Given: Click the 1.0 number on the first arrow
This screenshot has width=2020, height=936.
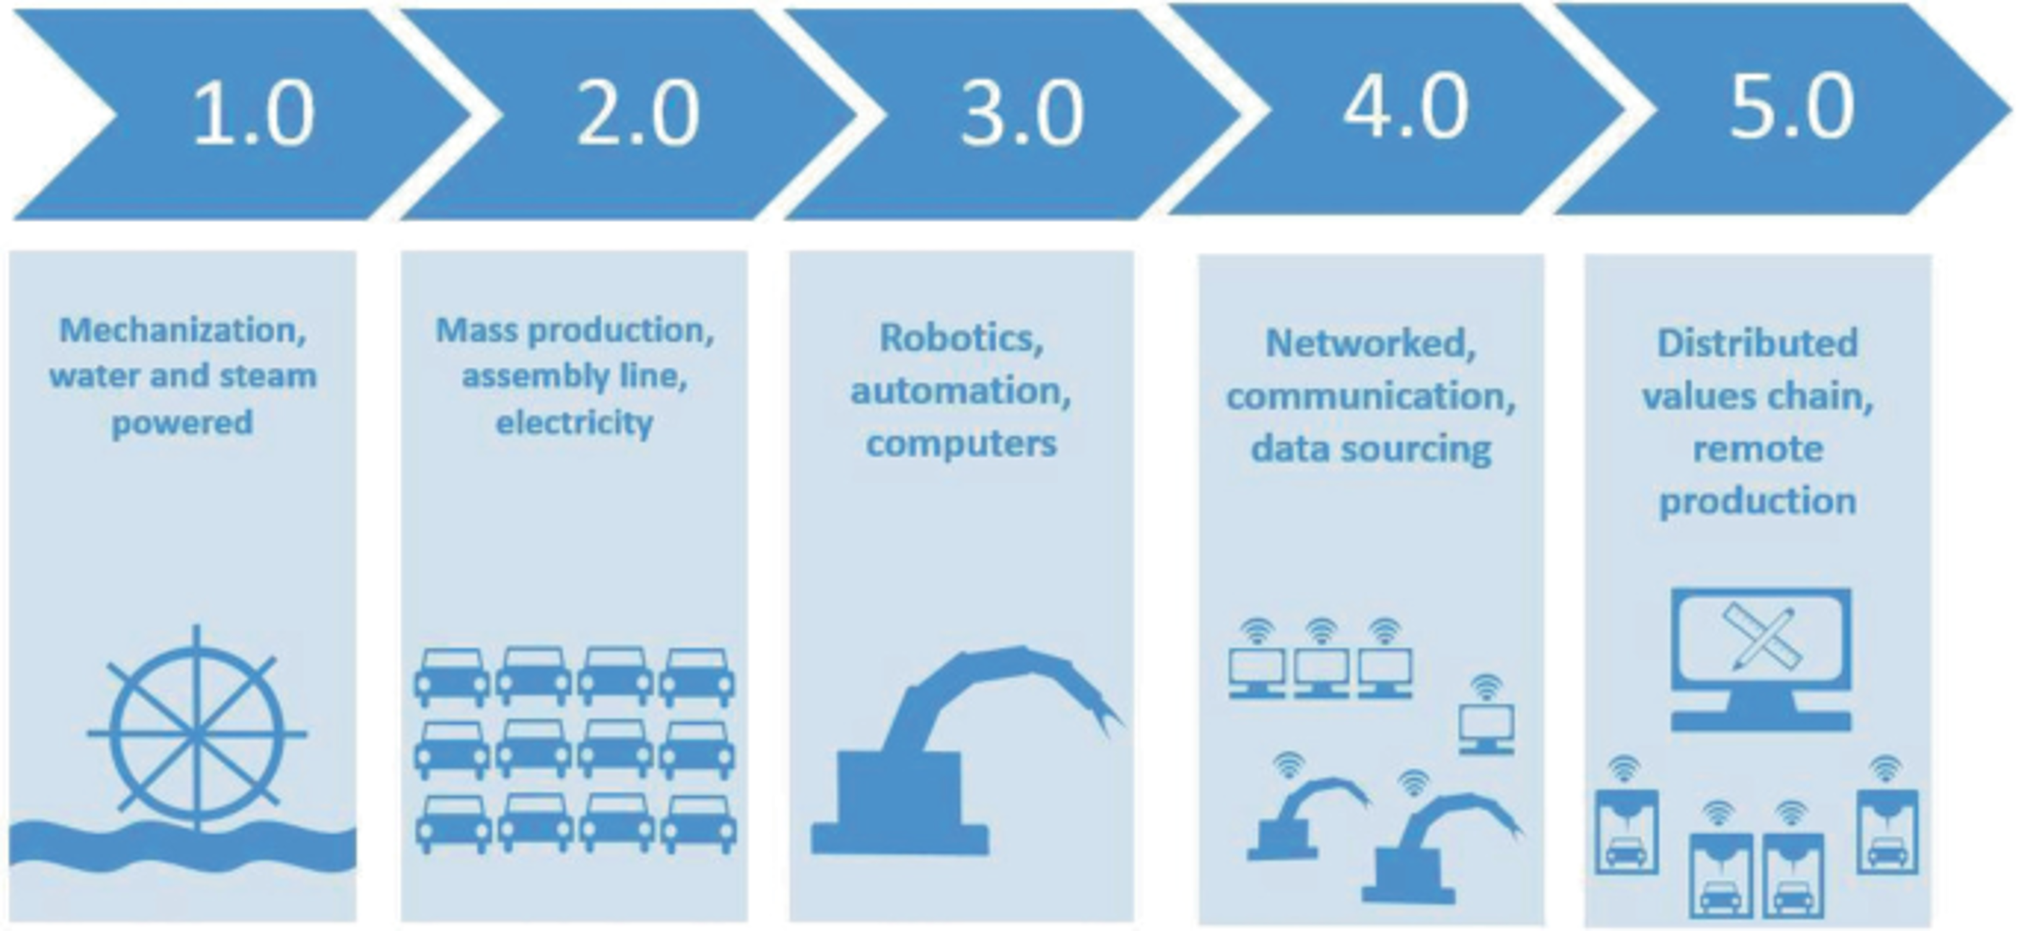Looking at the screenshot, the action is pyautogui.click(x=253, y=114).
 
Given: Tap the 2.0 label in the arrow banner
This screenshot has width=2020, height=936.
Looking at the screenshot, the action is pyautogui.click(x=637, y=114).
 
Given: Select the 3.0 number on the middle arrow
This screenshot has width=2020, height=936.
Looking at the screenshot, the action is pyautogui.click(x=1022, y=114).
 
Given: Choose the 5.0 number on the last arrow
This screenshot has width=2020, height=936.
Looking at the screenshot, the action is pyautogui.click(x=1791, y=108).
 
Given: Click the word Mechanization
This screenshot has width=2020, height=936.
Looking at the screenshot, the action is pyautogui.click(x=183, y=331).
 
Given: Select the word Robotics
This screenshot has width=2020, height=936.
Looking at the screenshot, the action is pyautogui.click(x=962, y=338).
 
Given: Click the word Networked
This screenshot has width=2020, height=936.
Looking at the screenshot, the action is pyautogui.click(x=1371, y=344).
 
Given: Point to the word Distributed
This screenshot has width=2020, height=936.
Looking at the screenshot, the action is pyautogui.click(x=1757, y=344).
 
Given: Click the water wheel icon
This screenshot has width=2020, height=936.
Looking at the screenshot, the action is pyautogui.click(x=197, y=729).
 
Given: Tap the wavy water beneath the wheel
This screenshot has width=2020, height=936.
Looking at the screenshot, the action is pyautogui.click(x=183, y=847).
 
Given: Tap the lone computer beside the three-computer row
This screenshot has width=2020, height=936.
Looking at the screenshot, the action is pyautogui.click(x=1486, y=727).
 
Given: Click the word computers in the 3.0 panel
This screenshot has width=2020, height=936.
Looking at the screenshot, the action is pyautogui.click(x=962, y=444).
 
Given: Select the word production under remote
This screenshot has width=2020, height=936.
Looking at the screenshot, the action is pyautogui.click(x=1757, y=502).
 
